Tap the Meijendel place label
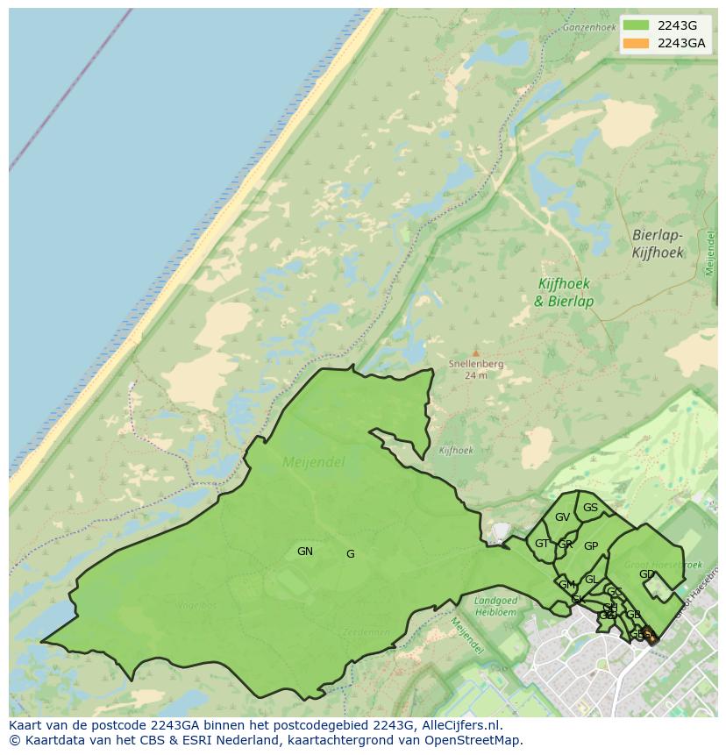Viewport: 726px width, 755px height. [313, 462]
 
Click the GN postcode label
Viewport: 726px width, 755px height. [305, 552]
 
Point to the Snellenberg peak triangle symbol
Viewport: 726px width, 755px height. [476, 353]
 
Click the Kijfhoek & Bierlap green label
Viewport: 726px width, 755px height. [564, 293]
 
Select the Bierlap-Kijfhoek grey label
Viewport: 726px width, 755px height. [658, 244]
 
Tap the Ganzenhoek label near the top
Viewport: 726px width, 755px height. [590, 27]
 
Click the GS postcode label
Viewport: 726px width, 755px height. [590, 508]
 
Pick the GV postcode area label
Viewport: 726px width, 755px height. [562, 517]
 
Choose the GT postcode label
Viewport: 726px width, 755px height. [542, 544]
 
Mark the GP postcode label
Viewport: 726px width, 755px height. [591, 546]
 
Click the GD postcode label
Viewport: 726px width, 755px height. [647, 574]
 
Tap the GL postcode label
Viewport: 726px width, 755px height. [591, 580]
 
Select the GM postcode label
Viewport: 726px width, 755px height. [566, 585]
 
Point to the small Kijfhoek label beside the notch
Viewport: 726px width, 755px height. [456, 451]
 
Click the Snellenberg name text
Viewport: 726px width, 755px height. [476, 364]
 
